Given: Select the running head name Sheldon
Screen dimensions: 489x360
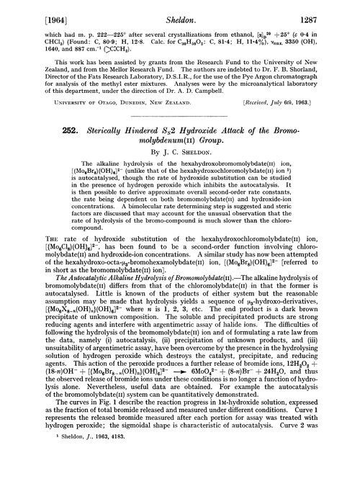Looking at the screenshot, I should point(180,10).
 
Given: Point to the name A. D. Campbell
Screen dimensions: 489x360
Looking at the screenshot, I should point(254,91).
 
